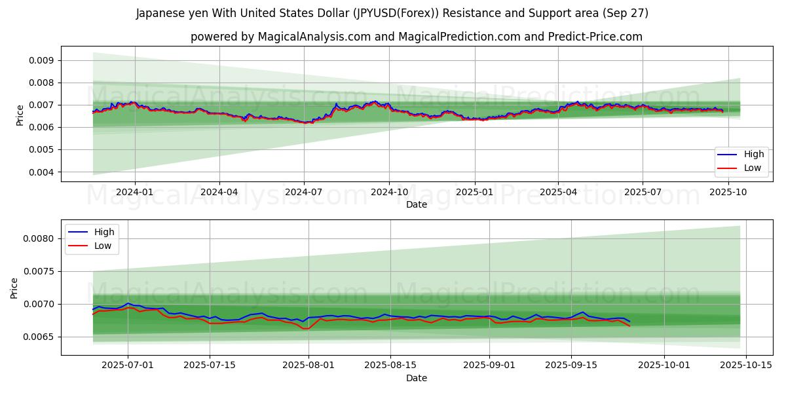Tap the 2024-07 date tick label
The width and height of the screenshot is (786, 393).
coord(303,192)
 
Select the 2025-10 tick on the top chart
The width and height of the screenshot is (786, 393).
coord(727,192)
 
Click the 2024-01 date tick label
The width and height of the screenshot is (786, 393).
coord(135,192)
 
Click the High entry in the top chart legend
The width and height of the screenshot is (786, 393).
coord(753,155)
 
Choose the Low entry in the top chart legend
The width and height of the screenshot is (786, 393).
coord(753,168)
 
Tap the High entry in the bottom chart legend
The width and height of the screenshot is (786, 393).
coord(103,232)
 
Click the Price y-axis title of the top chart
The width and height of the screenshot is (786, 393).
coord(20,115)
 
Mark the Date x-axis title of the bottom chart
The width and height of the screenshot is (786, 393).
coord(417,378)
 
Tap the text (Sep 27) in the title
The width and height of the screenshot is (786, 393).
coord(624,14)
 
